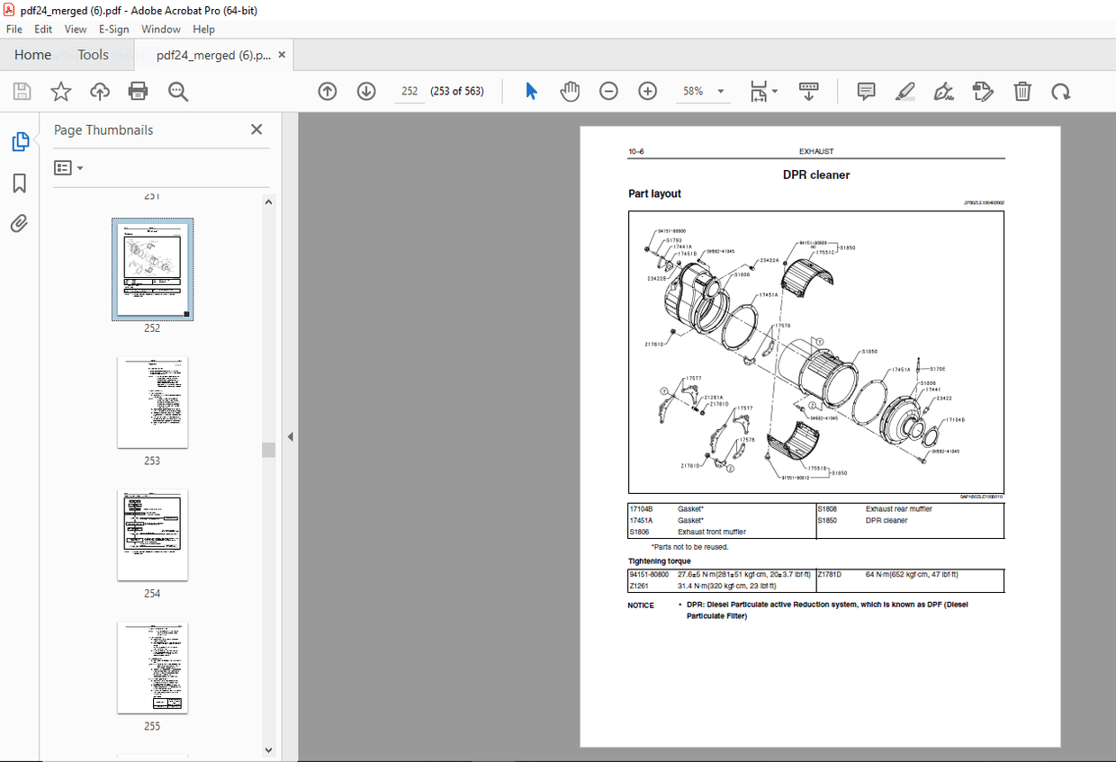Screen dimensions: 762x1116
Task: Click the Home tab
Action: [32, 55]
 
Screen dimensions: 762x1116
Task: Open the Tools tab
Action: [93, 55]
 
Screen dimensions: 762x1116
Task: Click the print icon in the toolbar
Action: [138, 91]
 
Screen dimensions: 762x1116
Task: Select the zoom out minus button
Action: [608, 91]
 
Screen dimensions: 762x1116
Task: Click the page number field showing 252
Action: [409, 91]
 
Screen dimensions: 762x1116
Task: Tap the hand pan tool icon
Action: [570, 91]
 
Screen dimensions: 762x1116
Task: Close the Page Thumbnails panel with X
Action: [256, 130]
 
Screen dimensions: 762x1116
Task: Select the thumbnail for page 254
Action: [152, 535]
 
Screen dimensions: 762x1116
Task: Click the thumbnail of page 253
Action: [152, 402]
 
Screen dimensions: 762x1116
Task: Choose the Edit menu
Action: [43, 29]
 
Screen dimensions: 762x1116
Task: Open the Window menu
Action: [161, 29]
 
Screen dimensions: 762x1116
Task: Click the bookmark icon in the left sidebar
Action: [19, 184]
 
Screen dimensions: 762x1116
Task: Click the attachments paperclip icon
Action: [19, 224]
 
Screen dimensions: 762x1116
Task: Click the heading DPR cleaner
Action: [815, 175]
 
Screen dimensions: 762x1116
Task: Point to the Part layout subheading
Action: [654, 194]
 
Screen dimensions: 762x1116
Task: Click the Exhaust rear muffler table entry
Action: [898, 509]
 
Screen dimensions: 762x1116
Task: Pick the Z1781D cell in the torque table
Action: [829, 574]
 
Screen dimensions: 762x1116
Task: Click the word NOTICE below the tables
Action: [641, 605]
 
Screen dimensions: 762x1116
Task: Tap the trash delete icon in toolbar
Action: [1022, 91]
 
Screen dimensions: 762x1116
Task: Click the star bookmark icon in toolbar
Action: [60, 91]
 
